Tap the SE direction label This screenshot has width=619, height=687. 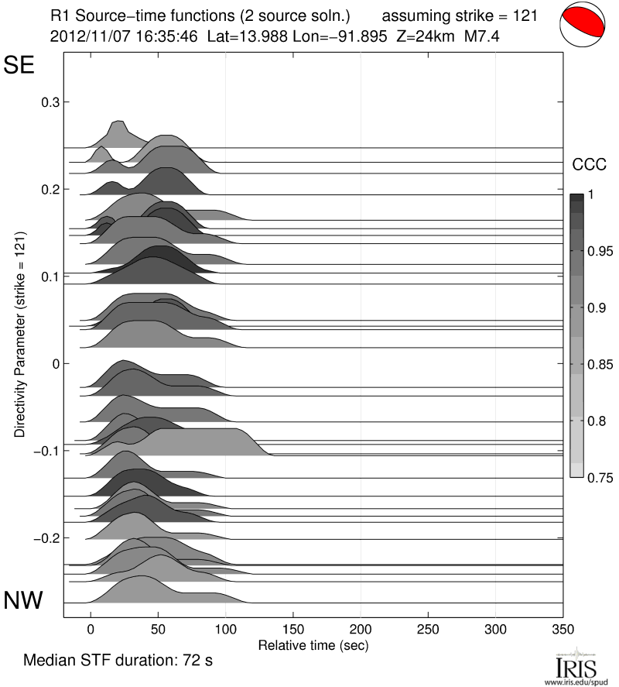pos(21,65)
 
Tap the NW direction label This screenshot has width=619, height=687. pos(24,599)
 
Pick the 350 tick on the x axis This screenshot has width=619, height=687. pos(563,629)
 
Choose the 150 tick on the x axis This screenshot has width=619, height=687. pos(293,629)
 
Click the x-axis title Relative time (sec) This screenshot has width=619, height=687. pos(313,644)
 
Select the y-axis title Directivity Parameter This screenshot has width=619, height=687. pos(19,334)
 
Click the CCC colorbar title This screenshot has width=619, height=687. pos(587,164)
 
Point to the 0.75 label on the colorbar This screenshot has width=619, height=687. pos(599,478)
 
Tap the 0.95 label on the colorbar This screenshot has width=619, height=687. pos(599,251)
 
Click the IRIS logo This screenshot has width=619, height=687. pos(575,665)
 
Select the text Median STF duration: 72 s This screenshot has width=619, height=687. pos(118,661)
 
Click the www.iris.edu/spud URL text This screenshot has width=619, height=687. pos(575,681)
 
